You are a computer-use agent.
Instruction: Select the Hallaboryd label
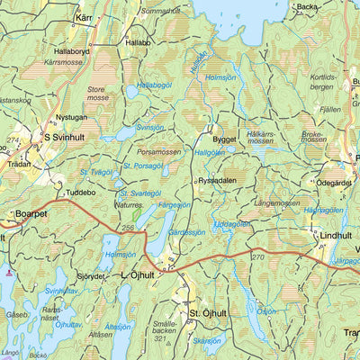[x=72, y=52]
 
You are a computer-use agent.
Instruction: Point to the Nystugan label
[x=73, y=117]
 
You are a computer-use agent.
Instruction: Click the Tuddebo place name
[x=81, y=191]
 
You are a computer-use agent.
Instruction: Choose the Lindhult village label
[x=336, y=235]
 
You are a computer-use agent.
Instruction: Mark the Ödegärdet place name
[x=334, y=183]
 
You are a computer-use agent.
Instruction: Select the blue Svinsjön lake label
[x=149, y=128]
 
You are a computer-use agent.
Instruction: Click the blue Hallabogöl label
[x=153, y=85]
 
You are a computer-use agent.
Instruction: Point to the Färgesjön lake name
[x=174, y=205]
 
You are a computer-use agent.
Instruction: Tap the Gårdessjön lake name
[x=187, y=232]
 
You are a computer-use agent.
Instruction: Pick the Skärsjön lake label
[x=206, y=341]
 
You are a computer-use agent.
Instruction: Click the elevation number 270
[x=258, y=256]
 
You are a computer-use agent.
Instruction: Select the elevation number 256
[x=129, y=229]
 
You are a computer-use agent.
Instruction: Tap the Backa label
[x=308, y=6]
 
